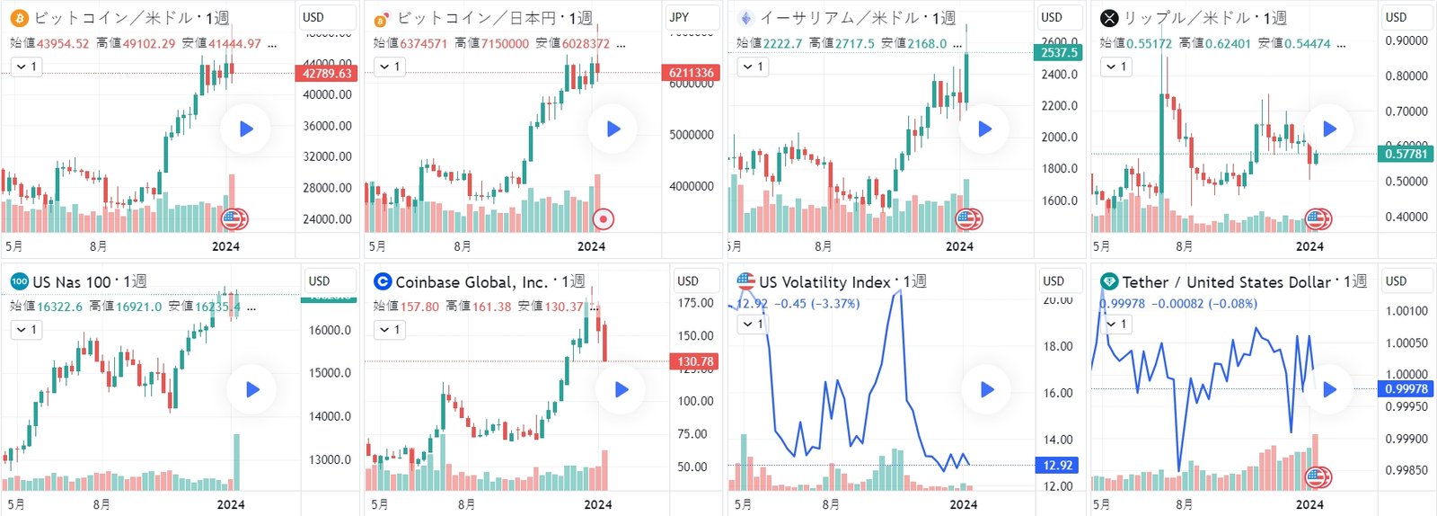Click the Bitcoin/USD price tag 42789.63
(327, 74)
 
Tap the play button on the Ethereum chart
(984, 129)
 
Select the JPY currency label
(679, 17)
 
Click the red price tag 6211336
(691, 73)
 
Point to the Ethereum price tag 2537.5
(1060, 52)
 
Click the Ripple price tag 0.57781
(1406, 154)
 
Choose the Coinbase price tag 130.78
(694, 361)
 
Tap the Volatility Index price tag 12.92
(1057, 465)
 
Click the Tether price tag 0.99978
(1406, 388)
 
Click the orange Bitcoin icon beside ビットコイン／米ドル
(19, 18)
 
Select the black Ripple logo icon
(1109, 18)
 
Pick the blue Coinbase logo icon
(383, 282)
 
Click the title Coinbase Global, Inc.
(472, 282)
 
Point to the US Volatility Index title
(824, 282)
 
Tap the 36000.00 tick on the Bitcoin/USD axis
(327, 126)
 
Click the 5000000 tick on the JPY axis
(691, 135)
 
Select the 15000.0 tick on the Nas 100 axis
(330, 373)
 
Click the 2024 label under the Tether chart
(1309, 504)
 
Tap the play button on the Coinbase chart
(621, 389)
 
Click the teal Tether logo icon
(1109, 282)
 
